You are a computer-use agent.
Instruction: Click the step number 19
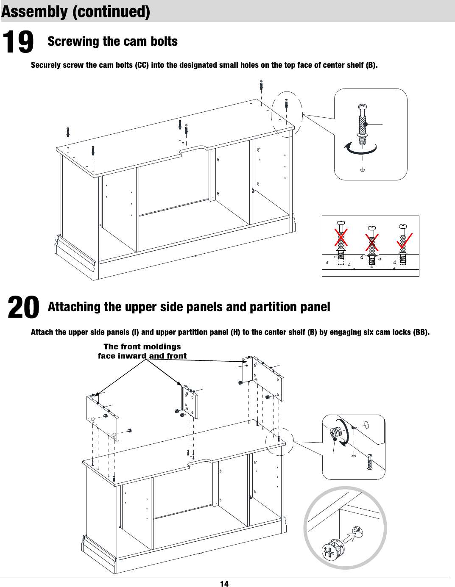click(18, 42)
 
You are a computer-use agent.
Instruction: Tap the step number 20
click(23, 307)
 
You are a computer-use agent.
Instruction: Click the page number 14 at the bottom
click(224, 584)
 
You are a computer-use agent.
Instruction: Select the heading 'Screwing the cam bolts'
click(112, 42)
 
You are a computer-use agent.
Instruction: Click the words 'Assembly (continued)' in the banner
click(75, 11)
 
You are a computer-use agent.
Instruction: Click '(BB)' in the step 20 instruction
click(420, 332)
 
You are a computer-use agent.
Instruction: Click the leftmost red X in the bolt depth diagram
click(341, 238)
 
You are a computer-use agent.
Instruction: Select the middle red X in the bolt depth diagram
click(372, 243)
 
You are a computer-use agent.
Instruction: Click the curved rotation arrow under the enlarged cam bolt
click(360, 149)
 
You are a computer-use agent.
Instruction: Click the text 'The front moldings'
click(142, 346)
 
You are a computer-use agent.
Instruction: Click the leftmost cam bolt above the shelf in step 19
click(68, 133)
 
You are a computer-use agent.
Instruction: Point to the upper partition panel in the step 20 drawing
click(190, 400)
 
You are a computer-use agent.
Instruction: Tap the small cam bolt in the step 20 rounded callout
click(370, 462)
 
